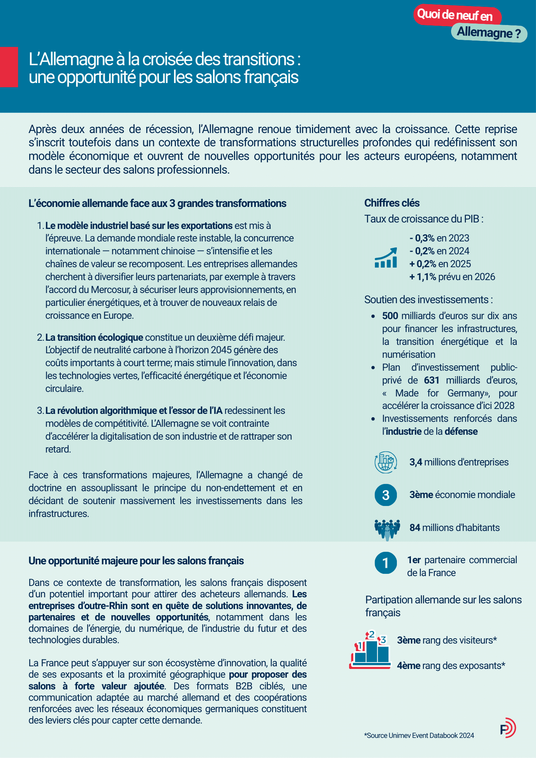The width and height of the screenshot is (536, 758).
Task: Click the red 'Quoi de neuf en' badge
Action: click(x=456, y=15)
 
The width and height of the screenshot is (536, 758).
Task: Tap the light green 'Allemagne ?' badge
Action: click(x=489, y=33)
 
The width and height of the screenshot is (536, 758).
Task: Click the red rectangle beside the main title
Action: click(x=9, y=67)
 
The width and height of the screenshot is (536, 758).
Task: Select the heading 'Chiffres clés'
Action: click(x=392, y=203)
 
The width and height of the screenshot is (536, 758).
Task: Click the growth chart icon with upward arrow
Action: click(x=386, y=258)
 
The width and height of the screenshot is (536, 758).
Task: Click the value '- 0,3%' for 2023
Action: click(x=422, y=238)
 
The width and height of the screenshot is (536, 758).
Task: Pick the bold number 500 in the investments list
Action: click(x=390, y=316)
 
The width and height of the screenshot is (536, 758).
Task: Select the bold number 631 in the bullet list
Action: click(x=431, y=381)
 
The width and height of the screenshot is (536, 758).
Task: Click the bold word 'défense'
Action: click(x=461, y=432)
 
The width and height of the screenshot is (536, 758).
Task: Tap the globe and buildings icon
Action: click(x=386, y=462)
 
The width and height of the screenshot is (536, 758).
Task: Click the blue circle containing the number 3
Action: click(x=386, y=495)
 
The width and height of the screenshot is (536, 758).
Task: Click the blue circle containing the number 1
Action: click(x=386, y=563)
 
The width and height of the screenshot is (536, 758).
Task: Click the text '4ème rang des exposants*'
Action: click(x=451, y=666)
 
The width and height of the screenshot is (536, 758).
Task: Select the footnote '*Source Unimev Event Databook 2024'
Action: click(x=419, y=736)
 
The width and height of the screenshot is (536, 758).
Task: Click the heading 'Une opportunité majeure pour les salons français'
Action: click(x=136, y=561)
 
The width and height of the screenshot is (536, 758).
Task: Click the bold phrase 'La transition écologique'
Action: click(x=94, y=338)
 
